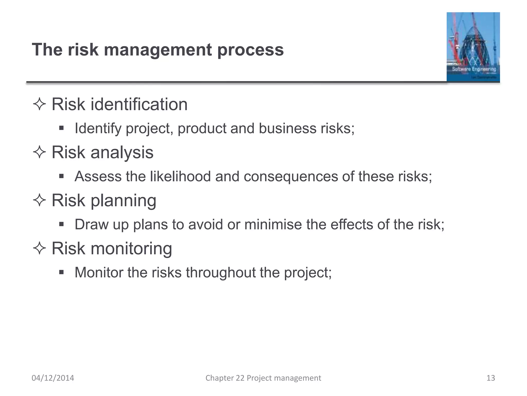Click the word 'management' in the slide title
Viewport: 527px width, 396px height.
click(158, 50)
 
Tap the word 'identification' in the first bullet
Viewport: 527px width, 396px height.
click(139, 104)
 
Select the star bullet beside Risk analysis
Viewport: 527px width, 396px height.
click(39, 152)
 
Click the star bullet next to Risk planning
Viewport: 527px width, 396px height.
click(39, 200)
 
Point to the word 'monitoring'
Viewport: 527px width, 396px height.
click(131, 249)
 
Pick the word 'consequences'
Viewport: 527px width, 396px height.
click(291, 177)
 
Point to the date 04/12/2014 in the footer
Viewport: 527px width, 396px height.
click(53, 378)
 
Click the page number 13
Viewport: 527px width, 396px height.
click(491, 378)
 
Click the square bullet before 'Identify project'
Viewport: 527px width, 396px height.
click(61, 128)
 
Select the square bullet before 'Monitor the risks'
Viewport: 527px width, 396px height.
click(61, 272)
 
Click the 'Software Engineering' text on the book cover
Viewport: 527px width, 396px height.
click(474, 69)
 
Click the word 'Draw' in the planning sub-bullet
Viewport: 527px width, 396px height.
click(92, 224)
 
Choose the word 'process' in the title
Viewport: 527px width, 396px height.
click(250, 50)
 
